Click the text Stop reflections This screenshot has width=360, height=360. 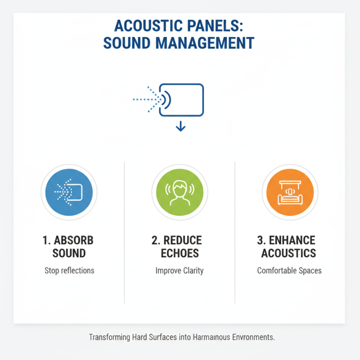[69, 271]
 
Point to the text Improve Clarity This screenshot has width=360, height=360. [180, 271]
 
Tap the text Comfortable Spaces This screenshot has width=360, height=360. [289, 271]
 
